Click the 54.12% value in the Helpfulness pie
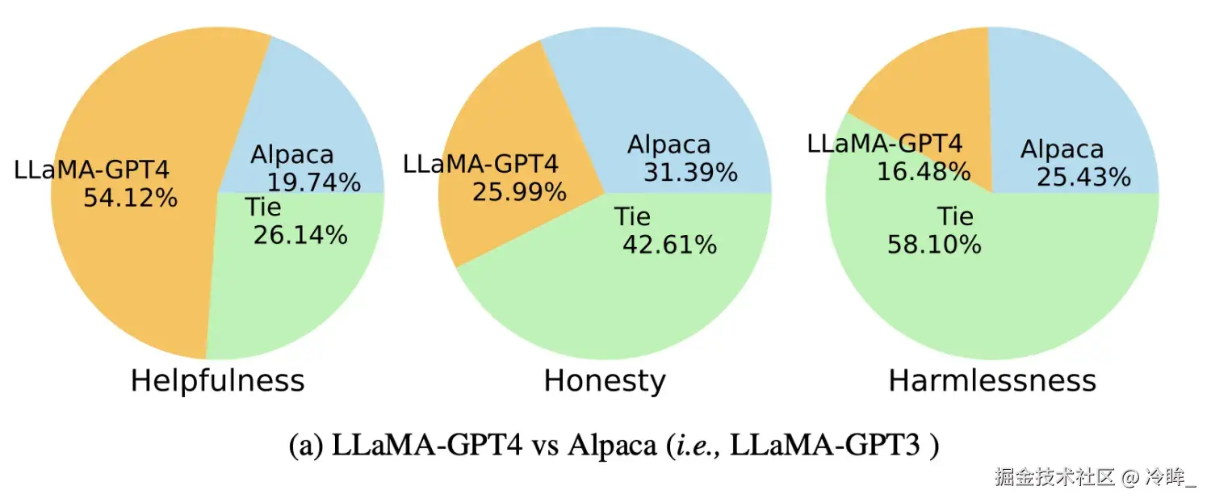pyautogui.click(x=130, y=197)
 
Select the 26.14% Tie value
pyautogui.click(x=300, y=235)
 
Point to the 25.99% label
pyautogui.click(x=519, y=191)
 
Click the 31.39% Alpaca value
pyautogui.click(x=690, y=172)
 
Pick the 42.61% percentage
pyautogui.click(x=669, y=245)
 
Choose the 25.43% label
pyautogui.click(x=1083, y=177)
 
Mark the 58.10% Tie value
pyautogui.click(x=934, y=245)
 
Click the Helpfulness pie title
pyautogui.click(x=217, y=380)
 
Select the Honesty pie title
pyautogui.click(x=605, y=380)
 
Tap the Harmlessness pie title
pyautogui.click(x=992, y=380)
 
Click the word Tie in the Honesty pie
pyautogui.click(x=632, y=217)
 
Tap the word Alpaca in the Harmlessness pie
pyautogui.click(x=1062, y=149)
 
